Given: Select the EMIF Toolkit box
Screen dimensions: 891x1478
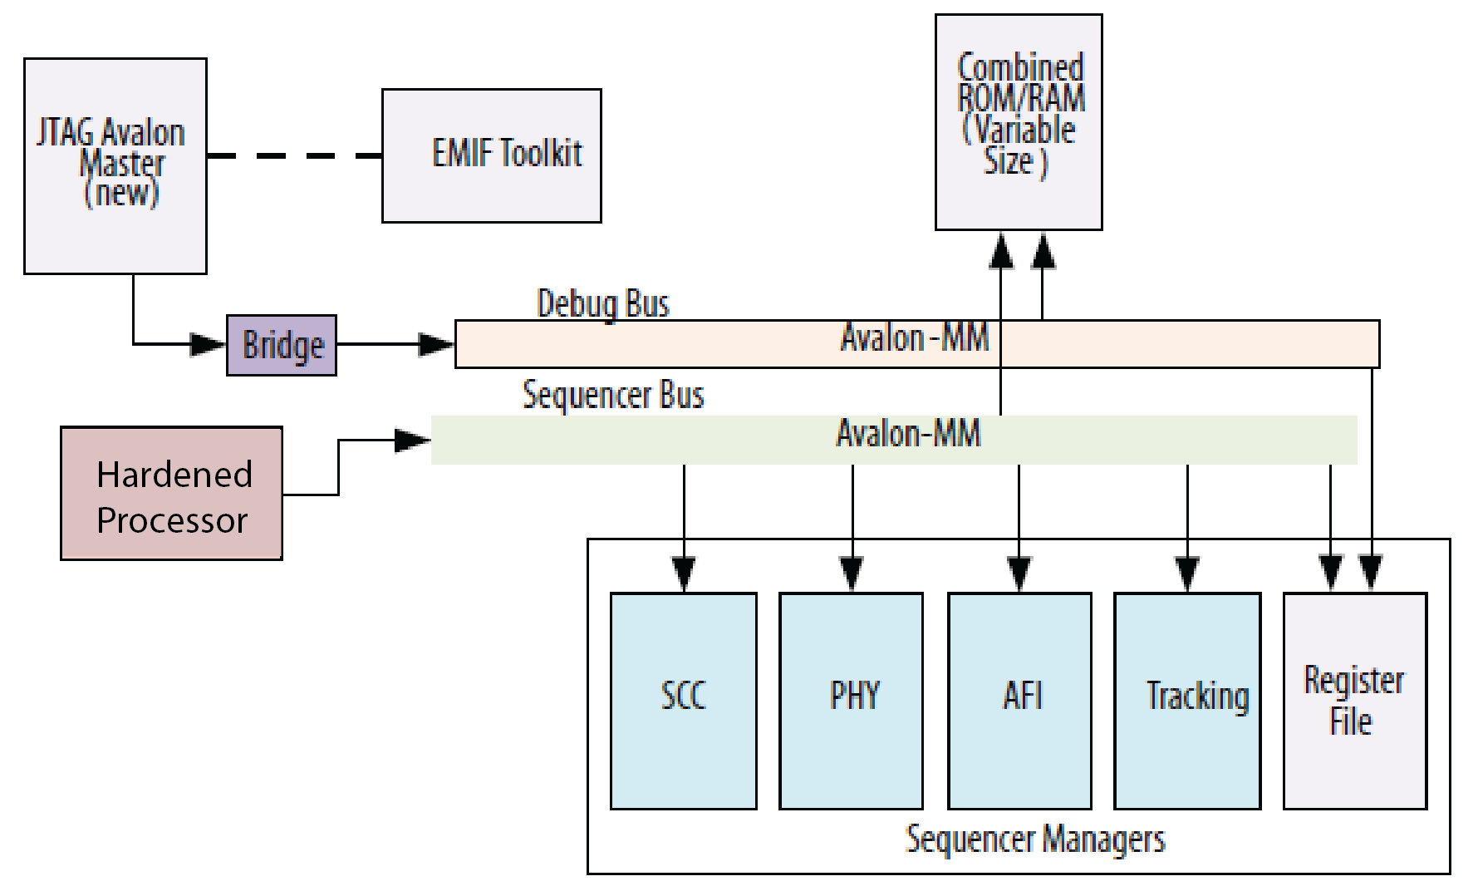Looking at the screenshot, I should [491, 155].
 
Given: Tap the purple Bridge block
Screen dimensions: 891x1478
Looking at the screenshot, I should [282, 345].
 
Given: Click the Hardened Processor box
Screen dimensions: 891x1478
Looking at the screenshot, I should [171, 494].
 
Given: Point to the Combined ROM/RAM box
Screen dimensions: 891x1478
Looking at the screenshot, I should [1019, 121].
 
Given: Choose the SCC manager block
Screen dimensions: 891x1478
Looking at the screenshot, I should [683, 700].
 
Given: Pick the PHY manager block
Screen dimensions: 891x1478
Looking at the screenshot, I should [851, 700].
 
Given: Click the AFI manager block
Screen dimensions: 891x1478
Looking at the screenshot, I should [1019, 700].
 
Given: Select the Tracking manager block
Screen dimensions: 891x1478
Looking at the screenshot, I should [1187, 700].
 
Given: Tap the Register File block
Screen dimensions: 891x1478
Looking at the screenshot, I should [1355, 700].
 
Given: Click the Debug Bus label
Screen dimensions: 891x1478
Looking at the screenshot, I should [603, 303].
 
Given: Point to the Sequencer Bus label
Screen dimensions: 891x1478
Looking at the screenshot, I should [613, 395].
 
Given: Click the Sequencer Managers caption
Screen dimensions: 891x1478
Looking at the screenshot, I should [1035, 839].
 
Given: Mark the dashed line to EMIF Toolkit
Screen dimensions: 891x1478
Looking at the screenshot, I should [294, 155].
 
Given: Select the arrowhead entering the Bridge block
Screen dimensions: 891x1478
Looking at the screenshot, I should [208, 344].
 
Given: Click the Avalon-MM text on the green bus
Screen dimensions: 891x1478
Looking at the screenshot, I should [908, 434].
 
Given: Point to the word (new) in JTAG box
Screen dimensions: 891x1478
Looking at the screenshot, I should [121, 194].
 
